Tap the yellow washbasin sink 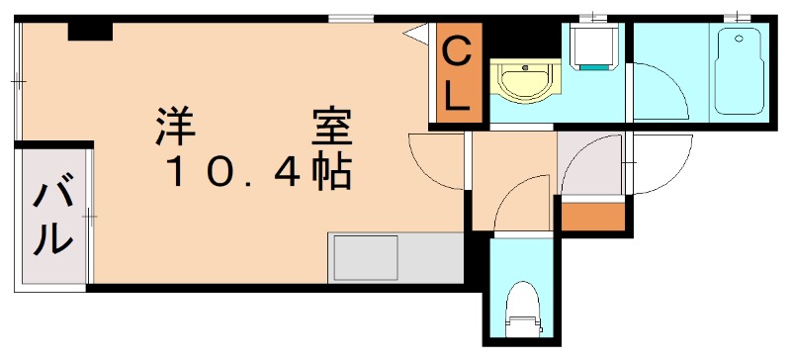click(524, 82)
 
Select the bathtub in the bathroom click(740, 71)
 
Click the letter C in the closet click(456, 48)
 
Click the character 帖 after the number click(331, 174)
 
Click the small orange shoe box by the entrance click(592, 215)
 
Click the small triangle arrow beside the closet click(412, 33)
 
